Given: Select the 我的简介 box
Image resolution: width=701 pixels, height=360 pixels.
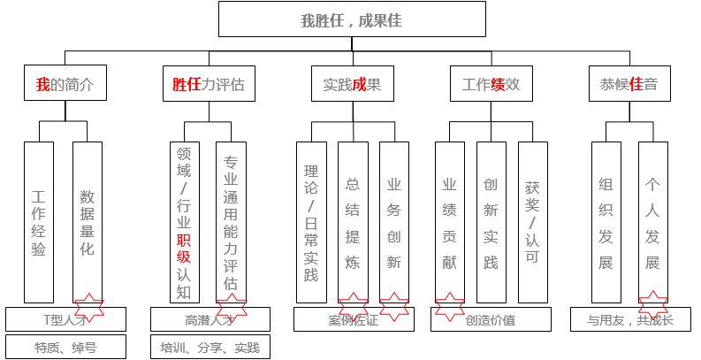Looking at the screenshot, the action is point(63,85).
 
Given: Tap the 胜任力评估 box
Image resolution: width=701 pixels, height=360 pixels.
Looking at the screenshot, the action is point(208,85).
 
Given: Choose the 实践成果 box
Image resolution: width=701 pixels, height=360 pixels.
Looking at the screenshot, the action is point(351,85).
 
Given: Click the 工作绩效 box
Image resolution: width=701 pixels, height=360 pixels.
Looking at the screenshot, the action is point(491,85).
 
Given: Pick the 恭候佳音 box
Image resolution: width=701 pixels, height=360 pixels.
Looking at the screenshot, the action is point(629,85).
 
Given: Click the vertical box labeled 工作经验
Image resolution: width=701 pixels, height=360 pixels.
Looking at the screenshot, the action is point(38,221).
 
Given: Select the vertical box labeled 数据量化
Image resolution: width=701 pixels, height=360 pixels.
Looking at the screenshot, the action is point(87,221).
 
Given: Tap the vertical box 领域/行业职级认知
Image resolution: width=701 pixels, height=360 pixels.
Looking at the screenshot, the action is point(183,221).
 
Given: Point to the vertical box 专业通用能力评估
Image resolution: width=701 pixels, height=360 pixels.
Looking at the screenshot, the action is point(231,221).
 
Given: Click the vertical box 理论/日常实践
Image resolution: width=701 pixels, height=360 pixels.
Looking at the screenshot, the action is point(310,221).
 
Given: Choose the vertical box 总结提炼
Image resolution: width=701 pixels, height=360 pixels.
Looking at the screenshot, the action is point(352,221).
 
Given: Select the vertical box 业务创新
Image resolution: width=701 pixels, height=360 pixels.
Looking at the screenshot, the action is point(394,221).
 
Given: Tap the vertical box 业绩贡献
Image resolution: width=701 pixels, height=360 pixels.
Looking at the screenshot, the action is point(449,221).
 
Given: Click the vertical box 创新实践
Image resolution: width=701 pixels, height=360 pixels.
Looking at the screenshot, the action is point(491,221).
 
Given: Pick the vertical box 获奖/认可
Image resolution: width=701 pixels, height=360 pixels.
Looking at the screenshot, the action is point(532,221).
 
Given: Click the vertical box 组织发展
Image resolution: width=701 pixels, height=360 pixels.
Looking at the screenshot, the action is point(606,221).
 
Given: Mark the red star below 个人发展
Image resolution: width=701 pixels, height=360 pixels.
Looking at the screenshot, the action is point(652,305).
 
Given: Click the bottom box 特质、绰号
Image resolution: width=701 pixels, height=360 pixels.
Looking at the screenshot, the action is point(65,347).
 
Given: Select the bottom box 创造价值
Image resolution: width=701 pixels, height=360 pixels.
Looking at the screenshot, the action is point(491,319).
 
